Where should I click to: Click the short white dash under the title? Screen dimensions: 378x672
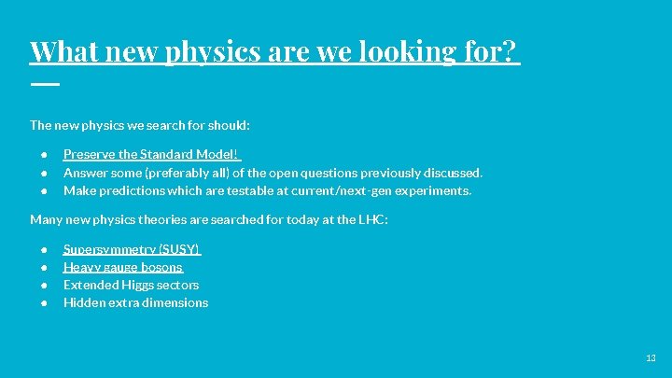tap(44, 84)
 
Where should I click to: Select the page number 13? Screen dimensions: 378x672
tap(651, 358)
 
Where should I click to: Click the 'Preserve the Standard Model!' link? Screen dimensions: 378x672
tap(151, 154)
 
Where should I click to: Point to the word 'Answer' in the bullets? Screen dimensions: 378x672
tap(83, 173)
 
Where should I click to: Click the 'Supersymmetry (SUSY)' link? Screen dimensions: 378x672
tap(132, 249)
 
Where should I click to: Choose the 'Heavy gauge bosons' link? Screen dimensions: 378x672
tap(122, 267)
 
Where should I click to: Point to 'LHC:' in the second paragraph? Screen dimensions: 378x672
tap(372, 220)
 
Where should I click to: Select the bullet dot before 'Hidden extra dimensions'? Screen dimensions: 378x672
tap(44, 303)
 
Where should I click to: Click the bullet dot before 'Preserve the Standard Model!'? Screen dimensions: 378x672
tap(44, 155)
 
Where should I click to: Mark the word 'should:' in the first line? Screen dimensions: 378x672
tap(230, 124)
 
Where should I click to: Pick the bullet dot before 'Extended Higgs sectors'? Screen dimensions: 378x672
tap(44, 286)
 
